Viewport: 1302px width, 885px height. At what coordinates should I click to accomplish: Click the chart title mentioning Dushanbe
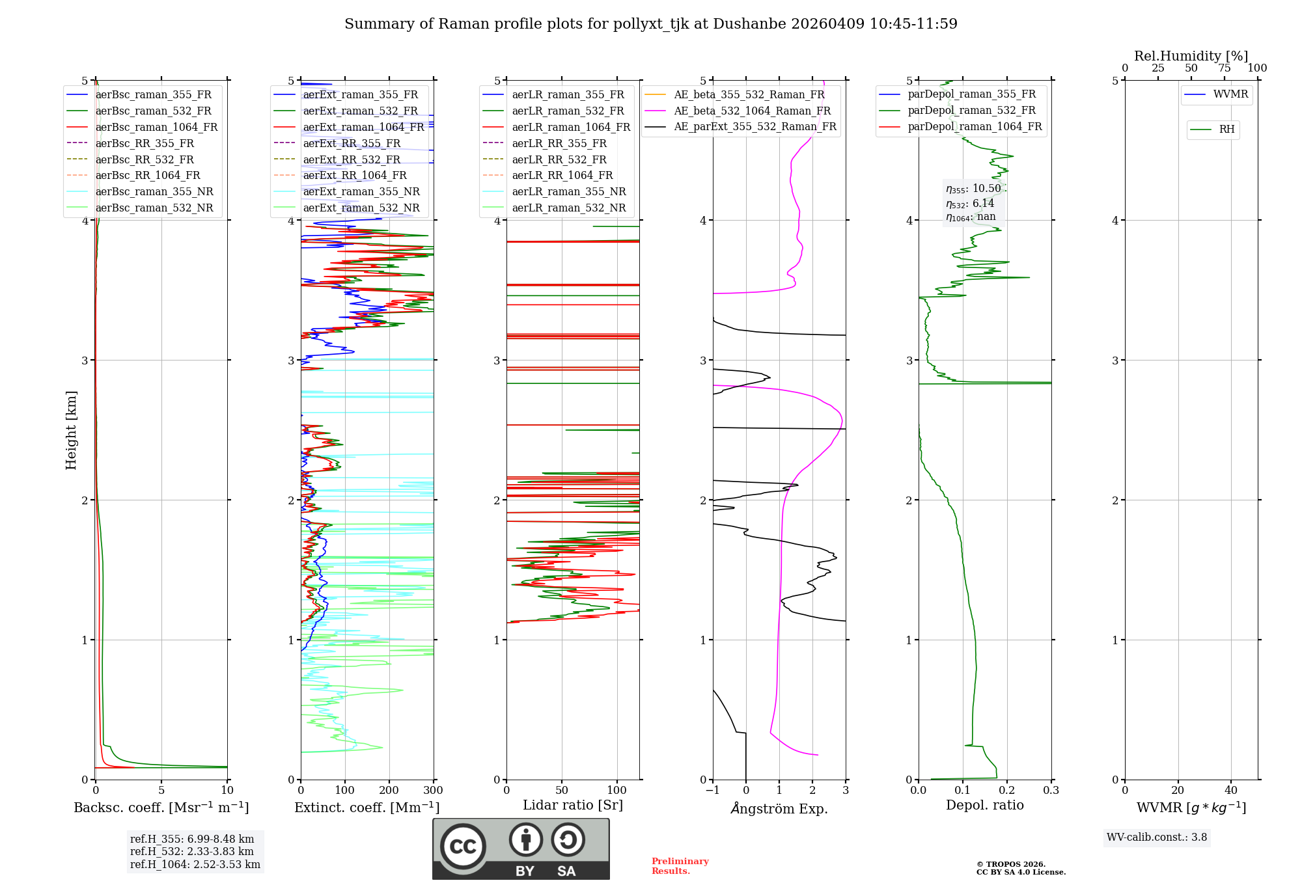[x=650, y=24]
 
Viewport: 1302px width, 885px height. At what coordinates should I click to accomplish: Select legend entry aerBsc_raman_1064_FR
[x=156, y=127]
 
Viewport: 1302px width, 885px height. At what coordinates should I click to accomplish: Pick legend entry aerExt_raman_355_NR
[x=361, y=191]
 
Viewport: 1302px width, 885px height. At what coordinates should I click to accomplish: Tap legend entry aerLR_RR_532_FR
[x=559, y=159]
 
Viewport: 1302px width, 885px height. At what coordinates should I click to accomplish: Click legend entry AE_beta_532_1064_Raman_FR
[x=752, y=111]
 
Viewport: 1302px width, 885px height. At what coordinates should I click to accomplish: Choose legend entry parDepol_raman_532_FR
[x=971, y=111]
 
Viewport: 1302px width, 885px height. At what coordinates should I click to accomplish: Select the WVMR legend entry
[x=1230, y=94]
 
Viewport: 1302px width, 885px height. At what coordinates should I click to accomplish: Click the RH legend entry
[x=1226, y=129]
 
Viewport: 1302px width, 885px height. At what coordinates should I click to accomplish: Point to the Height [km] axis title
[x=71, y=429]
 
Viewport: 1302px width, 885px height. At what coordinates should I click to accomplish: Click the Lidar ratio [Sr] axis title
[x=572, y=805]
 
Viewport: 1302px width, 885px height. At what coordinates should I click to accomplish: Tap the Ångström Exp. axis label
[x=779, y=809]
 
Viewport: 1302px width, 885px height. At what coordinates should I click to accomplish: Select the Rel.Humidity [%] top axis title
[x=1191, y=56]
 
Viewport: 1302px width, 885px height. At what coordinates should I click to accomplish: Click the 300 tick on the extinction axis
[x=433, y=791]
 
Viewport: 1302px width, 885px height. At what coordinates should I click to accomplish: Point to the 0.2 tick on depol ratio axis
[x=1007, y=791]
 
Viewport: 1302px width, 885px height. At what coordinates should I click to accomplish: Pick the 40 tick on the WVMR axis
[x=1231, y=791]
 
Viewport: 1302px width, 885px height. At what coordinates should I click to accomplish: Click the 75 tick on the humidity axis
[x=1225, y=68]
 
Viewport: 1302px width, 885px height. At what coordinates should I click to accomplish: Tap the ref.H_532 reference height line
[x=191, y=851]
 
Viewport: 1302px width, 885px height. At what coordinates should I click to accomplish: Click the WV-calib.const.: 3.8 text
[x=1157, y=837]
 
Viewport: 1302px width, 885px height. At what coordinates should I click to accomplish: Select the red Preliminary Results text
[x=680, y=865]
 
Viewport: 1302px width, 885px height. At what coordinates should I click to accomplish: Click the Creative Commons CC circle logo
[x=463, y=846]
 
